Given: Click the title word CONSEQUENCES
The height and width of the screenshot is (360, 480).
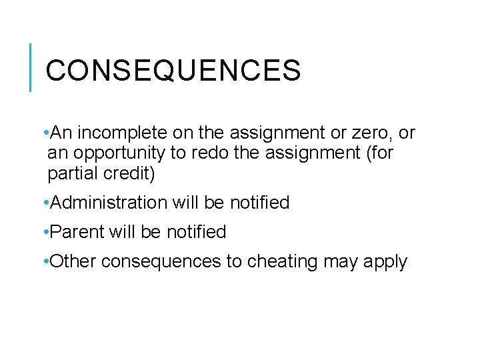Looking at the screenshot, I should point(173,70).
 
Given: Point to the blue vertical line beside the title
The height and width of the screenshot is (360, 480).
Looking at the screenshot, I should point(31,67).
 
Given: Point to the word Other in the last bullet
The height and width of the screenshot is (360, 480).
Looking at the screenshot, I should point(73,261).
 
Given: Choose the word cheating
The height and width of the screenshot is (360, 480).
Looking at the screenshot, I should point(283,261).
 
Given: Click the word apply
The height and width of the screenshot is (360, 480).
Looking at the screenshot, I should point(385,262).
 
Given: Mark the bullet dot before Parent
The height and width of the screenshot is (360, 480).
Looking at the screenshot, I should point(44,232).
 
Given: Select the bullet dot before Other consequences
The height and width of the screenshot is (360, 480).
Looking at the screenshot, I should point(44,261).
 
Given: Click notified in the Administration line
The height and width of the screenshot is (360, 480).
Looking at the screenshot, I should point(257,203).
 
